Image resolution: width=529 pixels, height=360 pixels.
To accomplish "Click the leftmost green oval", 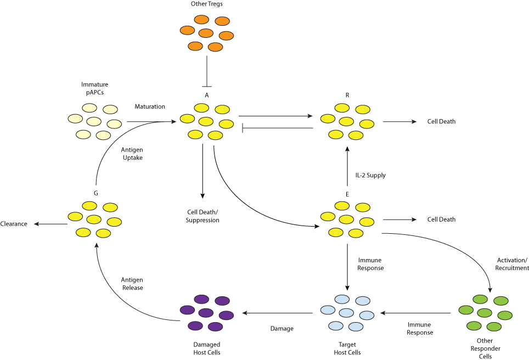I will pos(466,310).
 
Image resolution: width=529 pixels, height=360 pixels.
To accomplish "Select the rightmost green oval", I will pos(505,316).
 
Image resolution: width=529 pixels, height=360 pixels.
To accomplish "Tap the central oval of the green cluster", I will pos(485,313).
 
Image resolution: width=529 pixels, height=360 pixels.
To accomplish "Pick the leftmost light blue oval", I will pos(328,310).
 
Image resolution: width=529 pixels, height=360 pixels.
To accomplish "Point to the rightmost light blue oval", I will pos(367,316).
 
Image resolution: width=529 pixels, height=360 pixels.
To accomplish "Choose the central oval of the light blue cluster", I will pos(346,313).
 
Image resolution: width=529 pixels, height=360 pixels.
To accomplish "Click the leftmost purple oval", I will pos(187,310).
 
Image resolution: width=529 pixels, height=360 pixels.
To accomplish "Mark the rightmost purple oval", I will pos(226,316).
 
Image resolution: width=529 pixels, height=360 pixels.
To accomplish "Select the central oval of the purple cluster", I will pos(206,313).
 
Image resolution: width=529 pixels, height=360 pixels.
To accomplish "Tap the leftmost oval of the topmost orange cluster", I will pos(187,30).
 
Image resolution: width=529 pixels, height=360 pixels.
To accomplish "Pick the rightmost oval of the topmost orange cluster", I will pos(226,36).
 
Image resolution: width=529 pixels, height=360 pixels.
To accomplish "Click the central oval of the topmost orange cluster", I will pos(206,33).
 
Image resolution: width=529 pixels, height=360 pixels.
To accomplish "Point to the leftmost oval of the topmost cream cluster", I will pos(75,119).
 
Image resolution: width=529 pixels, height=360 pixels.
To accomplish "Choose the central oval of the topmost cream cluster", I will pos(94,121).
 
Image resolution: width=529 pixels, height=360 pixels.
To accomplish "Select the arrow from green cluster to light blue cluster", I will pos(417,313).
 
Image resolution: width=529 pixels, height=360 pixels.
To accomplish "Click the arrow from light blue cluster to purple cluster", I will pos(278,313).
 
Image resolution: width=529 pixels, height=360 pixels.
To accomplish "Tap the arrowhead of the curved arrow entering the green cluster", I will pos(490,289).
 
